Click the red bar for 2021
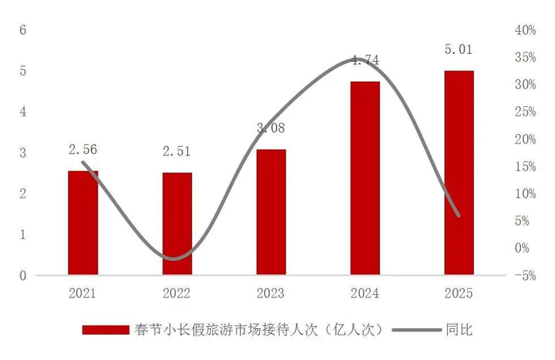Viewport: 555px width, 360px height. tap(83, 223)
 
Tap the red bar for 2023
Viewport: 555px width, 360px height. tap(270, 212)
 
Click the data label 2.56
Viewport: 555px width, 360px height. tap(83, 147)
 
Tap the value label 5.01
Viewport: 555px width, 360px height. tap(458, 49)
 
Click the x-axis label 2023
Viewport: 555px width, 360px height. tap(270, 293)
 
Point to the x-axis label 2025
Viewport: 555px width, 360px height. tap(458, 293)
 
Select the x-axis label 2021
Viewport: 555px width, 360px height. tap(83, 293)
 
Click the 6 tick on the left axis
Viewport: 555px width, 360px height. tap(23, 30)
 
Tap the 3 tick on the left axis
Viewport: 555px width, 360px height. tap(23, 152)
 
